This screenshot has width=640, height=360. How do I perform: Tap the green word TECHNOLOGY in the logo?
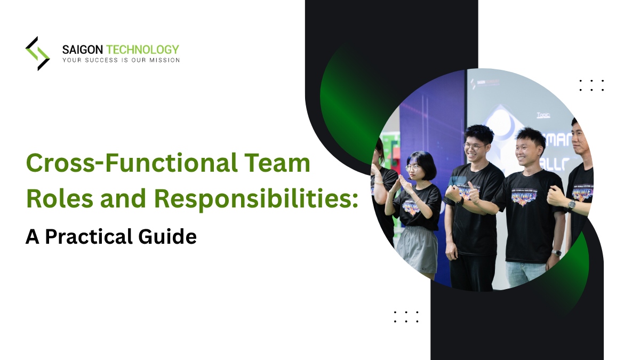point(142,50)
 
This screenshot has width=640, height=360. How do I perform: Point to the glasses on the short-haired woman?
point(413,167)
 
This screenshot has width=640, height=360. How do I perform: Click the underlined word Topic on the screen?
point(543,114)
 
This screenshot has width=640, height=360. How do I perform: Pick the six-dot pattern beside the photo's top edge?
point(591,85)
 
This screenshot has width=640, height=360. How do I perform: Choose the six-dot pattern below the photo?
point(406,317)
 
